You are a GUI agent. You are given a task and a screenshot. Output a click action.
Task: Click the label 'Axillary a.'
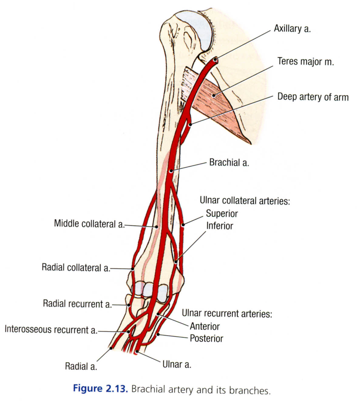pos(292,29)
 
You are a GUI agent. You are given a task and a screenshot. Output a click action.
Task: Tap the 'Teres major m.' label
pos(305,62)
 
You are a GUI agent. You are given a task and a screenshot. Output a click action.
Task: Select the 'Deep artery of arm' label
pos(313,97)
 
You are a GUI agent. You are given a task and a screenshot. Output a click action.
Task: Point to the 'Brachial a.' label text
pos(229,163)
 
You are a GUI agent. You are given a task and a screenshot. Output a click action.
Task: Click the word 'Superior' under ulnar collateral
pos(222,213)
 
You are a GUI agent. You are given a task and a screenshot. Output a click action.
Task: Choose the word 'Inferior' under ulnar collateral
pos(219,226)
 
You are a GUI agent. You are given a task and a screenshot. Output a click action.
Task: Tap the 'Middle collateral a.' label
pos(89,224)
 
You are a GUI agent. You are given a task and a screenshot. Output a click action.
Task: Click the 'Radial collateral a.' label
pos(76,268)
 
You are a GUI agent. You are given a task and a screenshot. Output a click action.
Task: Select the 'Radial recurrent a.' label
pos(77,304)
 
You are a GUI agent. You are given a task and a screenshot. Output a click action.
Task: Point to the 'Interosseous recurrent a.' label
pos(51,330)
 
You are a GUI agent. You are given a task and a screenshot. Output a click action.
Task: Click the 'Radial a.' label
pos(81,366)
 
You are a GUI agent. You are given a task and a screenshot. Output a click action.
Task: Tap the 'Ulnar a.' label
pos(177,364)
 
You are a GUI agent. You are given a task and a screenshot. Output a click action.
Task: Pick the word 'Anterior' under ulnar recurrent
pos(205,326)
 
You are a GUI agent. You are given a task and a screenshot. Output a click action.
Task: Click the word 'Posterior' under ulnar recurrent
pos(206,338)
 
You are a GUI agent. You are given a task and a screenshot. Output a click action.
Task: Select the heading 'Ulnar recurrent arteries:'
pos(227,313)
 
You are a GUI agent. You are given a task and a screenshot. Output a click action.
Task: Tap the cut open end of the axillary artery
pos(216,60)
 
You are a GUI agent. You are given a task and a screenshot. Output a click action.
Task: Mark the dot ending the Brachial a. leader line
pos(171,171)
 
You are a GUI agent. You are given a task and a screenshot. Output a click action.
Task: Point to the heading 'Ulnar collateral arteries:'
pos(245,201)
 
